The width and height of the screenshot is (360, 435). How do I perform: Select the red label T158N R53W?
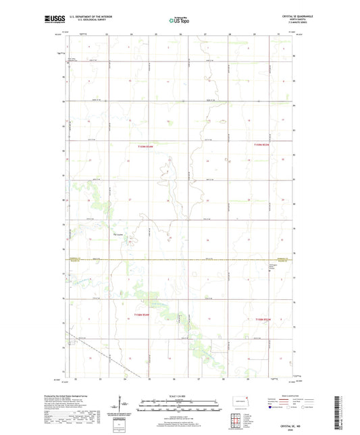point(262,319)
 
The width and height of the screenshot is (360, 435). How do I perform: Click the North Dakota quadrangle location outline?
point(237,401)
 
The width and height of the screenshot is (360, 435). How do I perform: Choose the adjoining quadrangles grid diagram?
point(236,419)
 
